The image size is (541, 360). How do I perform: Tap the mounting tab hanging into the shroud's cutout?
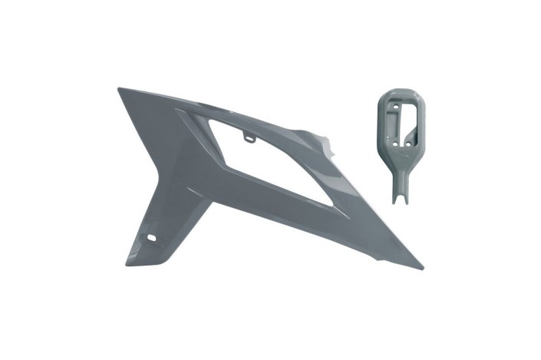[249, 137]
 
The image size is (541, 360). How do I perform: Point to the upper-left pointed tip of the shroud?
[119, 89]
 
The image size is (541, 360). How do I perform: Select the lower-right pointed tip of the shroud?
[421, 268]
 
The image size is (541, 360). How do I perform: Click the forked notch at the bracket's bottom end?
[399, 200]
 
